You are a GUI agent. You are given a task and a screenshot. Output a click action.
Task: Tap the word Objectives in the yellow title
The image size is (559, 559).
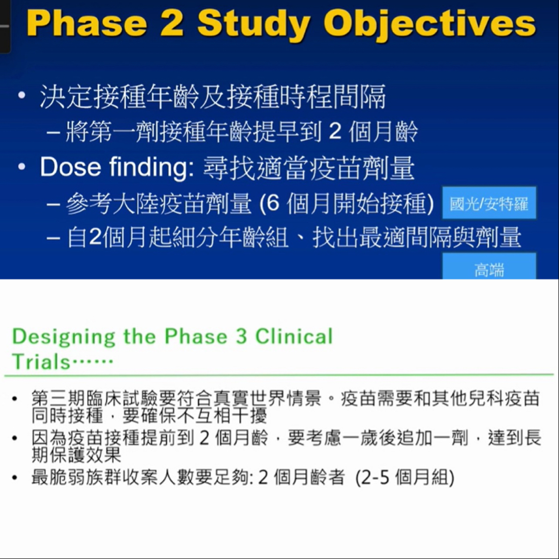point(429,25)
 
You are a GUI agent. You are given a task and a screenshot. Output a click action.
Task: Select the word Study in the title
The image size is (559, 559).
point(253,25)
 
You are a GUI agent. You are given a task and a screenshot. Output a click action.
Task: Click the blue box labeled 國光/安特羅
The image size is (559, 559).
point(489,203)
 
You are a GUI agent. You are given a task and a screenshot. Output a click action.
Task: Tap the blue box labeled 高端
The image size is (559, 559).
point(489,266)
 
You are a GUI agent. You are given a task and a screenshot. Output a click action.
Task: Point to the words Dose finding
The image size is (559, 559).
point(117,167)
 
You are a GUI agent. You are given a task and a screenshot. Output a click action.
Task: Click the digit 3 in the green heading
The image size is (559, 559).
point(241,336)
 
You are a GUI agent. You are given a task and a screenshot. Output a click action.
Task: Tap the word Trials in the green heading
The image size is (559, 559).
point(41,362)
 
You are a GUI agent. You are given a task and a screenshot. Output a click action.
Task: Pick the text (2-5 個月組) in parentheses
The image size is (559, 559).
point(405,478)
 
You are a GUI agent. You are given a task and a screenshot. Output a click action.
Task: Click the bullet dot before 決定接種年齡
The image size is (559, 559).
point(22,95)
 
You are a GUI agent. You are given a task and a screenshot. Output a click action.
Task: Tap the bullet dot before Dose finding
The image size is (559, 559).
point(22,167)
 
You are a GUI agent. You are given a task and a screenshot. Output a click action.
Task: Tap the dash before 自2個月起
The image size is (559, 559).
point(53,238)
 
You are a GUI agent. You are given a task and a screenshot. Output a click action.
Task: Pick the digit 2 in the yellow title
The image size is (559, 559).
point(172,23)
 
